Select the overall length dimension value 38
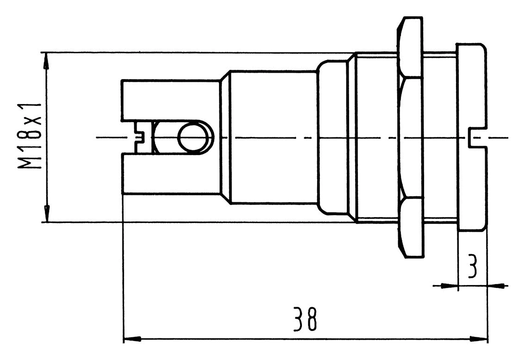(x=306, y=319)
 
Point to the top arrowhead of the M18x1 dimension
(x=46, y=60)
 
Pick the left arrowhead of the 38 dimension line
(x=131, y=340)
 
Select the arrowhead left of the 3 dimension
(x=449, y=286)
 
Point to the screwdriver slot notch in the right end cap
(x=475, y=137)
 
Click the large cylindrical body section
(x=273, y=137)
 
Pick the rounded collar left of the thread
(x=332, y=137)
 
